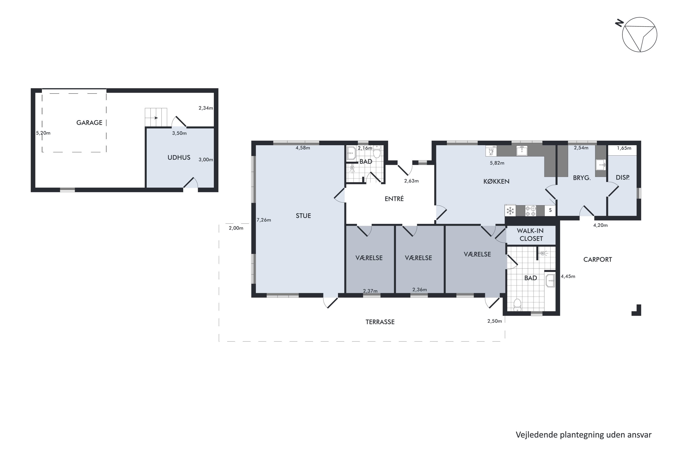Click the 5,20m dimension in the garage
pos(43,133)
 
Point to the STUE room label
pos(303,216)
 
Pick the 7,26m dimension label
pos(264,220)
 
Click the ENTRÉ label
pos(394,199)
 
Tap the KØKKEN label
pos(496,182)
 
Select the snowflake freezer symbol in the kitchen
pos(510,211)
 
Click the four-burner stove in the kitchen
pos(531,211)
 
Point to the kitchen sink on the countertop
pos(522,150)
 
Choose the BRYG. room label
pos(582,178)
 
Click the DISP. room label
pos(623,178)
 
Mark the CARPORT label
pos(598,260)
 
